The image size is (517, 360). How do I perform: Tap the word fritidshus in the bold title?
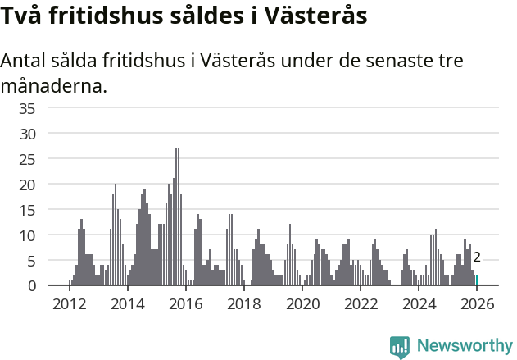(x=106, y=16)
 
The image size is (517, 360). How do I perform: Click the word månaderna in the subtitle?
(x=54, y=85)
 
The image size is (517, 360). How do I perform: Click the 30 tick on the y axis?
(x=27, y=133)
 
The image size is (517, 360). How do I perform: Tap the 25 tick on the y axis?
(x=27, y=158)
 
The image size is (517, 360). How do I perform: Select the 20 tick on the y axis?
(x=27, y=184)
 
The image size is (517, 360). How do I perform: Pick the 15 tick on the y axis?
(x=27, y=209)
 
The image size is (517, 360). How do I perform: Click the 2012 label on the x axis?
(x=69, y=304)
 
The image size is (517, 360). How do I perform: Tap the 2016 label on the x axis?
(x=185, y=304)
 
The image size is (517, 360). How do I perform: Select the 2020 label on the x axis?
(x=302, y=304)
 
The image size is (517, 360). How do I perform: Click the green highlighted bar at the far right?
(x=477, y=280)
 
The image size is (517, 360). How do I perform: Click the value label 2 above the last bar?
(x=477, y=257)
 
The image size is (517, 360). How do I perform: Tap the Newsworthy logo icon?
(x=400, y=346)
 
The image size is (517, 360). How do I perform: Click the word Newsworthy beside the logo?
(x=465, y=346)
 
